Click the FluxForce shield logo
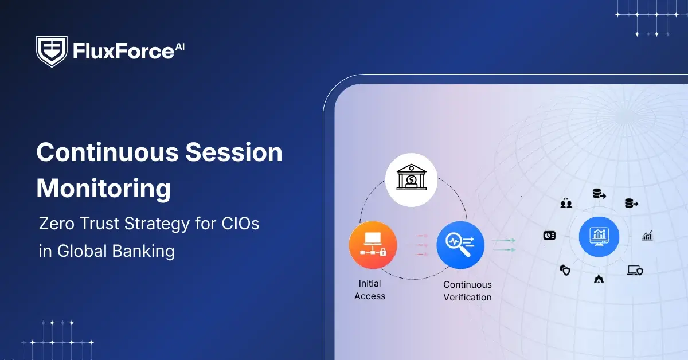pyautogui.click(x=52, y=52)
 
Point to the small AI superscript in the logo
pyautogui.click(x=180, y=45)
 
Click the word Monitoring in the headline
pyautogui.click(x=103, y=188)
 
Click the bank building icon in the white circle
pyautogui.click(x=411, y=179)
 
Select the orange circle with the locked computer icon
pyautogui.click(x=373, y=245)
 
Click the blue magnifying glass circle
pyautogui.click(x=460, y=245)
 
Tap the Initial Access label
pyautogui.click(x=370, y=289)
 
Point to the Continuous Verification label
pyautogui.click(x=467, y=291)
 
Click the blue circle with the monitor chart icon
pyautogui.click(x=599, y=236)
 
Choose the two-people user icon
pyautogui.click(x=566, y=202)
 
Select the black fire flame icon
pyautogui.click(x=599, y=279)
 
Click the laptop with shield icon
pyautogui.click(x=635, y=270)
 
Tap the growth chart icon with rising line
pyautogui.click(x=647, y=236)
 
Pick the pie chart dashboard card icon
pyautogui.click(x=549, y=236)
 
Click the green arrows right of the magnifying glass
pyautogui.click(x=503, y=245)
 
